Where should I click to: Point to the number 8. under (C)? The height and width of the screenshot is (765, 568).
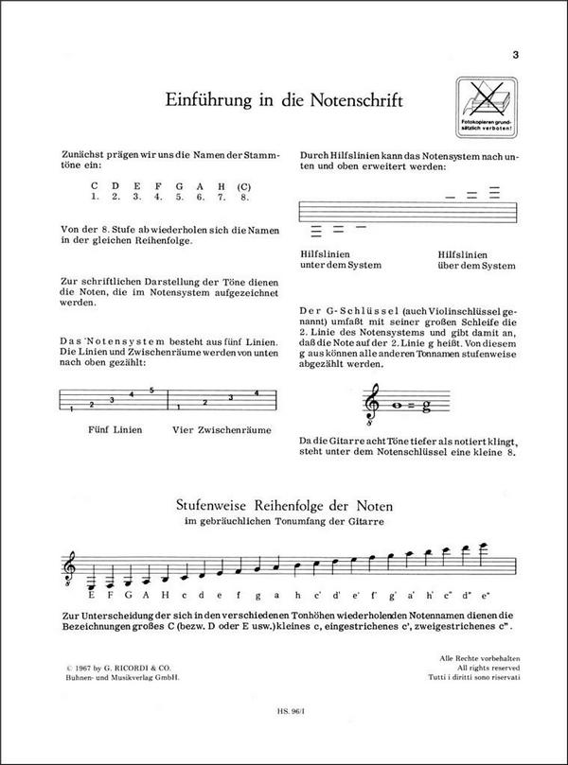245,198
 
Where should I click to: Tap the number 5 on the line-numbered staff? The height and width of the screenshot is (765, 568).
151,390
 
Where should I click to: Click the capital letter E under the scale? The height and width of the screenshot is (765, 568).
91,596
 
